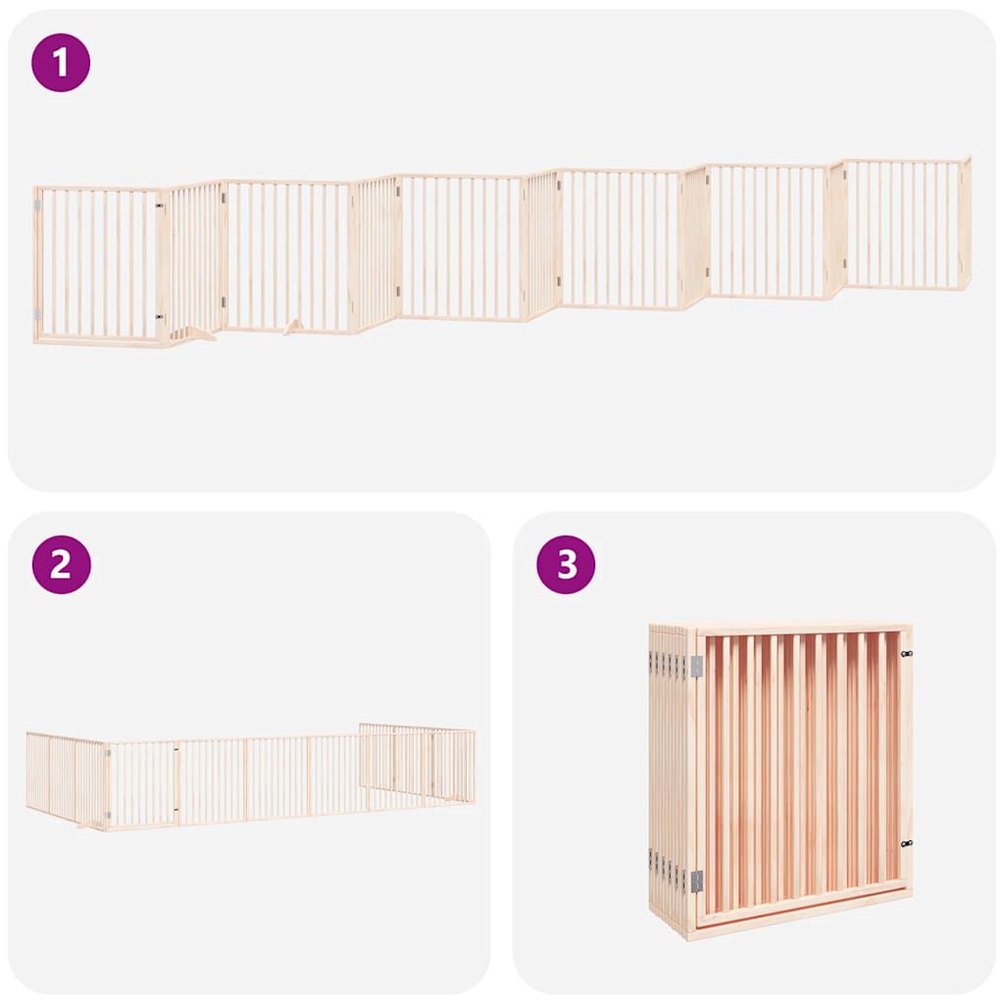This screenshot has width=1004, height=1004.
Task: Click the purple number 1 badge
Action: [x=61, y=62]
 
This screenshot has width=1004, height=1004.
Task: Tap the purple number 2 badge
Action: [x=61, y=564]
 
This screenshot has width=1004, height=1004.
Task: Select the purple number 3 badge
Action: [x=566, y=564]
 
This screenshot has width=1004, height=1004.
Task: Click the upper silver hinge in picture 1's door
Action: [x=38, y=205]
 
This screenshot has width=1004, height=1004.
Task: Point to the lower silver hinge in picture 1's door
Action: [x=38, y=314]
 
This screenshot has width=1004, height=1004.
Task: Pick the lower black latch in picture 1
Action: [x=159, y=318]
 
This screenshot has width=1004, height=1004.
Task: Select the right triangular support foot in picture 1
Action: [x=292, y=326]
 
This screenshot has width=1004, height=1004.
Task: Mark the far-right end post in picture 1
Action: [x=966, y=223]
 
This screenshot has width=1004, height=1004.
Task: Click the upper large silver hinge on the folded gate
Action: [x=696, y=667]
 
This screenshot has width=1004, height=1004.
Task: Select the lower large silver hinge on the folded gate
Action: [x=696, y=880]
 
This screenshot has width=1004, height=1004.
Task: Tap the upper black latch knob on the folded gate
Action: [x=906, y=654]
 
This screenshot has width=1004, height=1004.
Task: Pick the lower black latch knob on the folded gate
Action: [x=906, y=843]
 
